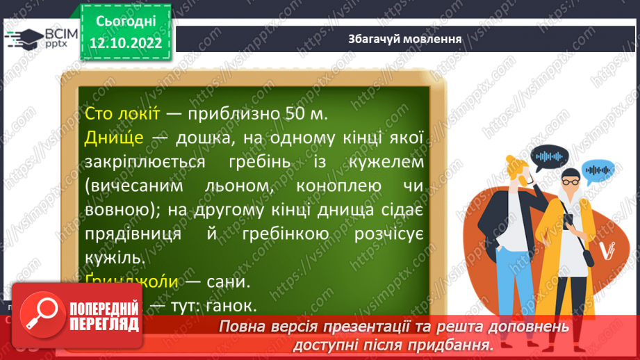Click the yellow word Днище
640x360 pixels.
[113, 138]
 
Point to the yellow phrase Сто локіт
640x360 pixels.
[124, 113]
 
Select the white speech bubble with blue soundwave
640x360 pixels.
[598, 170]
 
